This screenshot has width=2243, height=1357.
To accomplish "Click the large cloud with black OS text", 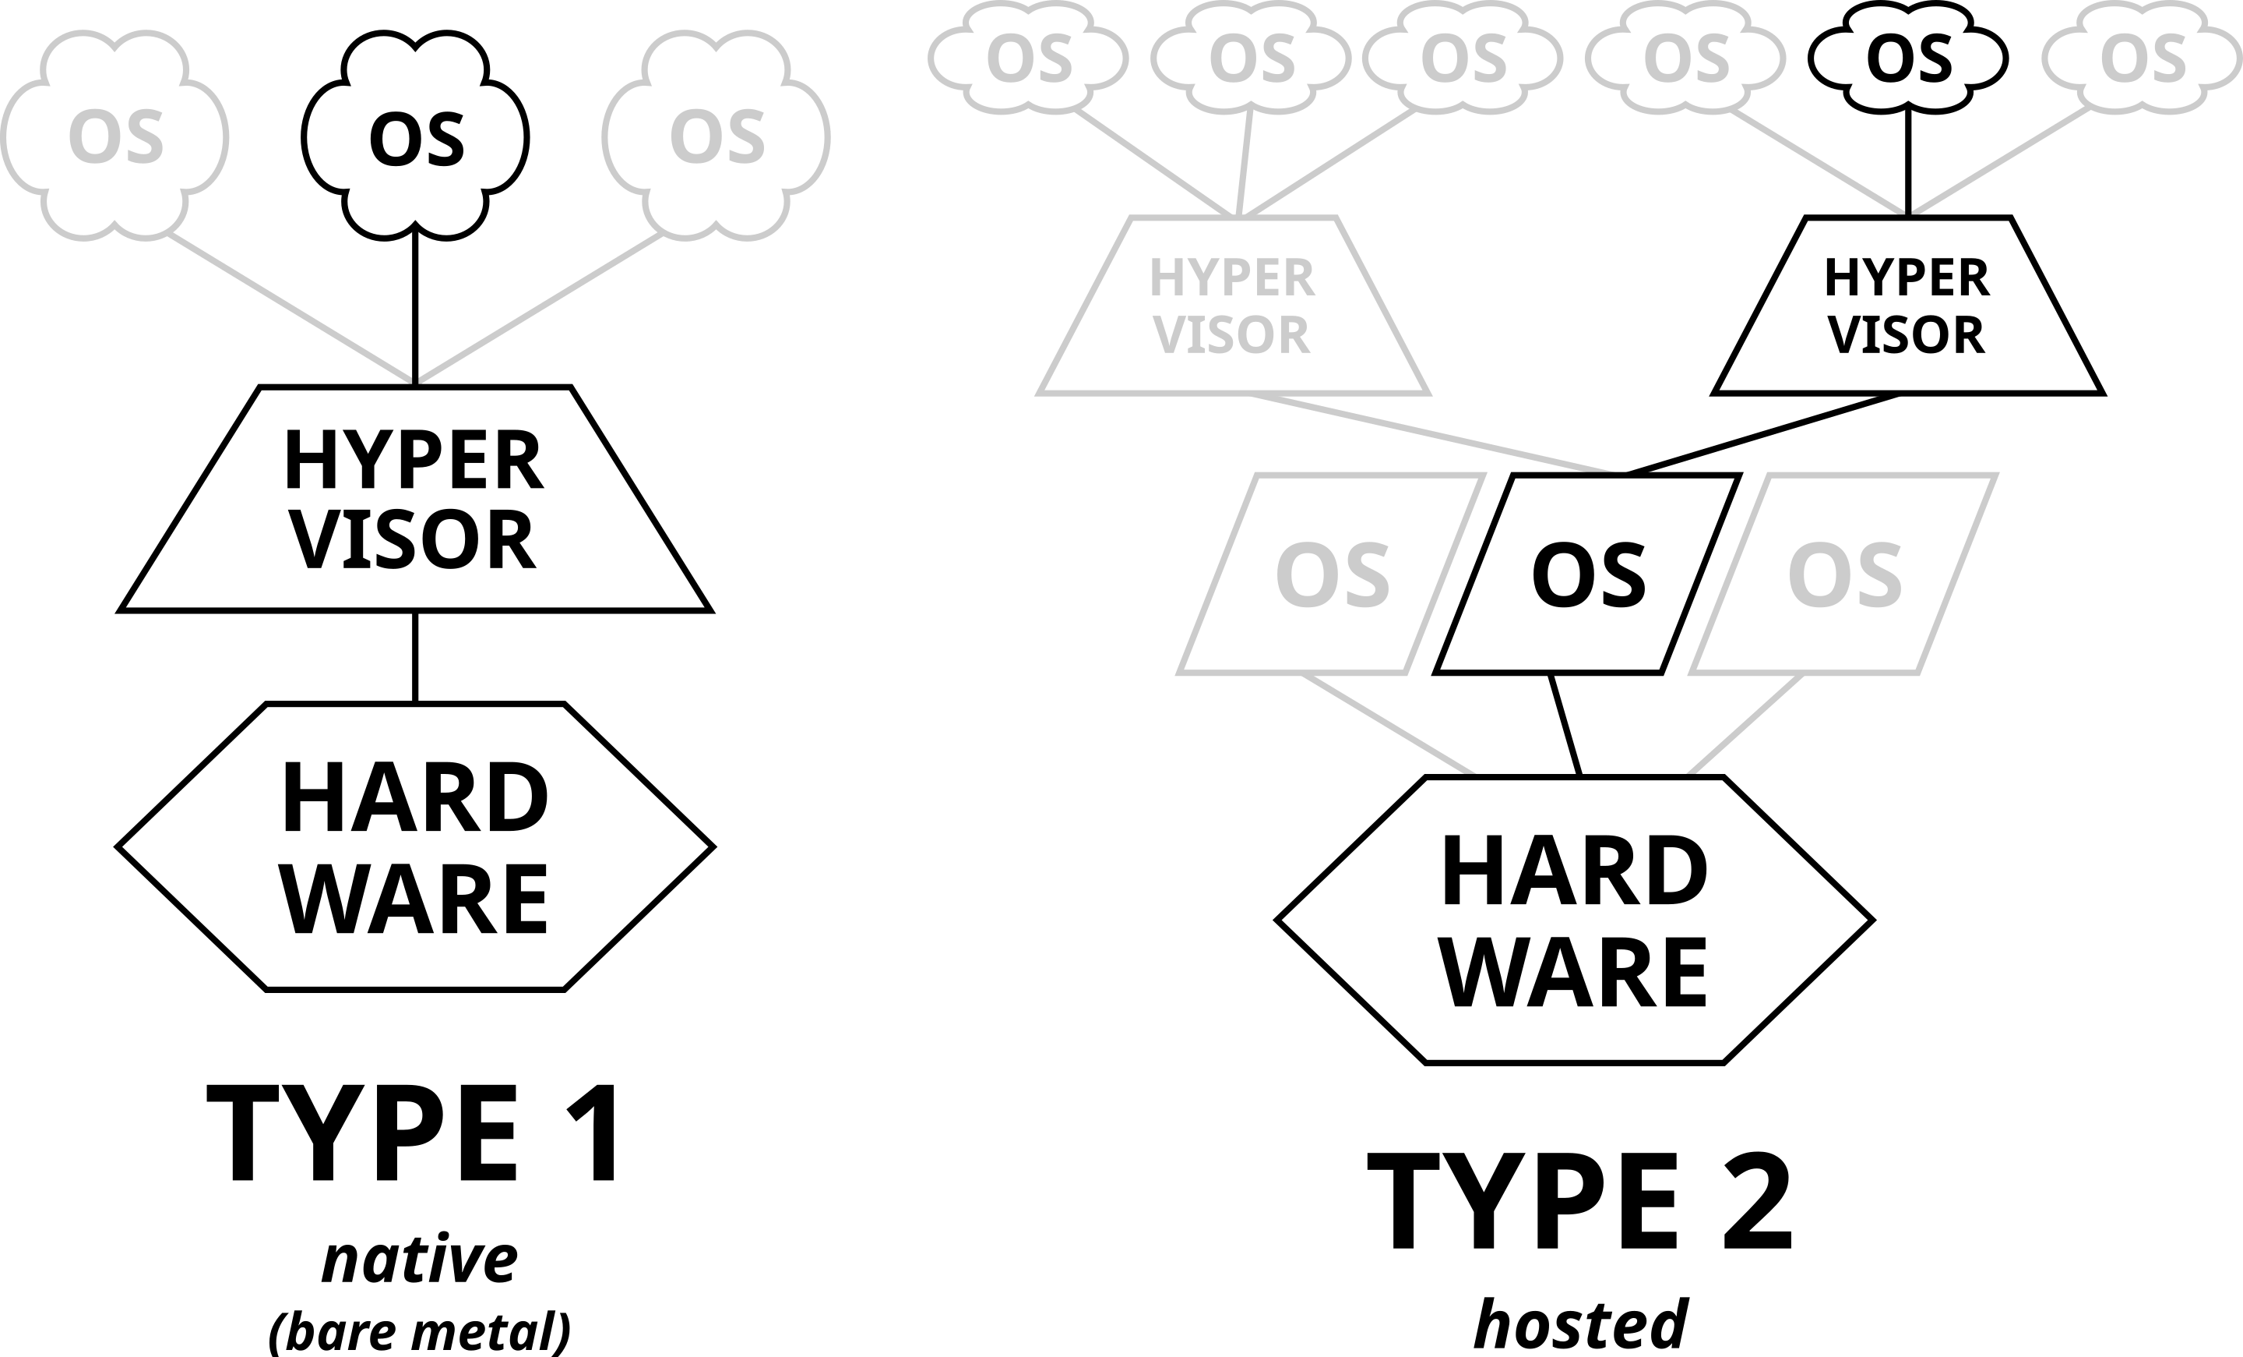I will click(415, 136).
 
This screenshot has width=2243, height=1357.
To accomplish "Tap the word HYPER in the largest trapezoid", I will click(415, 461).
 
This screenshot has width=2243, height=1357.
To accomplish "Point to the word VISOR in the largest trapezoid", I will click(415, 540).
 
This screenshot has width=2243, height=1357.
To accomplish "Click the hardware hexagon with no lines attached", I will click(415, 847).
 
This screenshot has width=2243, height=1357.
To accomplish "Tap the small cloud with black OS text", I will click(1908, 59).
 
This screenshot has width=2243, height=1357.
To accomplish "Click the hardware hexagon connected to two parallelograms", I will click(1574, 920).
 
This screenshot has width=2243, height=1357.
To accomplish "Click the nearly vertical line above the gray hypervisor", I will click(1244, 164).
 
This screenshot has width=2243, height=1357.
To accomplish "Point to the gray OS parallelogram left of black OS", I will click(1331, 574).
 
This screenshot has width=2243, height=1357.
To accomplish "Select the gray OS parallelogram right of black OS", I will click(1843, 574).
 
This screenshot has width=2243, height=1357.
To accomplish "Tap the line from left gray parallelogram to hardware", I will click(1388, 725).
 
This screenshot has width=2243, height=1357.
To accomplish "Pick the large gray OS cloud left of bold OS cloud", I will click(114, 136).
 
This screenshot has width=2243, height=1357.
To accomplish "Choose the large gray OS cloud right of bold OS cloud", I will click(717, 136).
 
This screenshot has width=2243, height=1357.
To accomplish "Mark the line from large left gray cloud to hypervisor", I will click(291, 307).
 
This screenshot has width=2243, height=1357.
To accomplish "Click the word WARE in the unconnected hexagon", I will click(415, 899).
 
